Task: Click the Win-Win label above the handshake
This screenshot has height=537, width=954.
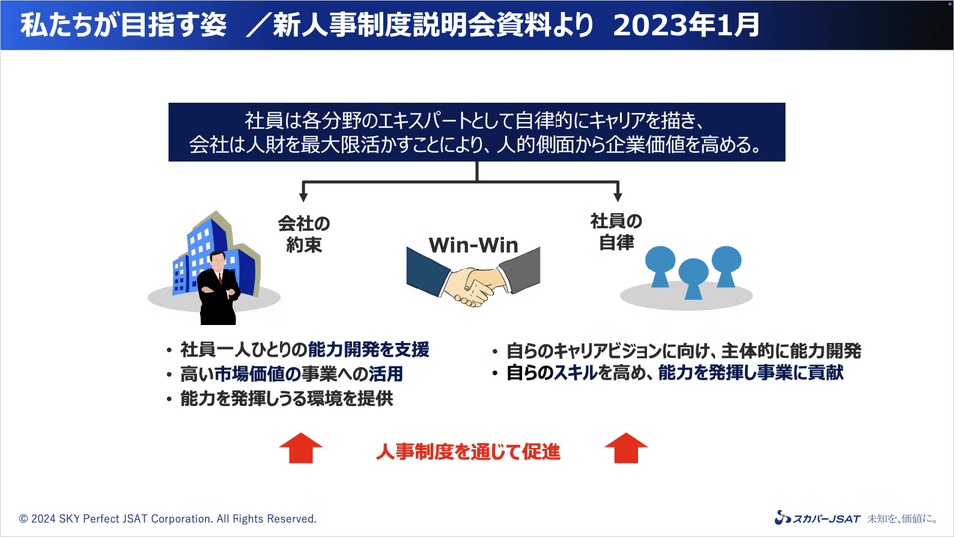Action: tap(473, 245)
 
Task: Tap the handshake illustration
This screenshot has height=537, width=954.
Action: tap(473, 277)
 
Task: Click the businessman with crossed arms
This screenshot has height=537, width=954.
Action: tap(219, 287)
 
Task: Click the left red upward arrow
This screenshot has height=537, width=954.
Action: tap(301, 448)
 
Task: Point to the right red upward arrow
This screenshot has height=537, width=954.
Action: tap(626, 448)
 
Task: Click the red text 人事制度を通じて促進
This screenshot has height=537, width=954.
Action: tap(468, 451)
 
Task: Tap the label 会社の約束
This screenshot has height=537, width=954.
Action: tap(304, 234)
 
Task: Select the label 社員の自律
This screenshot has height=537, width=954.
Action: tap(616, 232)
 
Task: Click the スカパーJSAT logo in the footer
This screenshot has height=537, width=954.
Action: tap(817, 518)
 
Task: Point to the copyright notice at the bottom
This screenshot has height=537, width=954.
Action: tap(168, 519)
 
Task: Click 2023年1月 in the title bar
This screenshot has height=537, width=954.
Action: tap(687, 25)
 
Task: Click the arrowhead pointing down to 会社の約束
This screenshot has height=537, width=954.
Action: tap(303, 196)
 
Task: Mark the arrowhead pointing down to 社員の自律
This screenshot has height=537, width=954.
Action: tap(617, 196)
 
